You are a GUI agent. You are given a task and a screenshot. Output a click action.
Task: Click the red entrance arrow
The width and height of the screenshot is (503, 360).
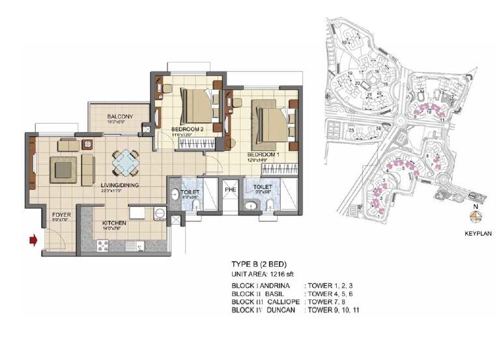tap(31, 242)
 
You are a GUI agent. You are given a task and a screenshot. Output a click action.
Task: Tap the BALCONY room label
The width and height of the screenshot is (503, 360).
tap(120, 117)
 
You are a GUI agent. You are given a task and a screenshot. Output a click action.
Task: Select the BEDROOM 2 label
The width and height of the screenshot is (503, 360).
tap(189, 129)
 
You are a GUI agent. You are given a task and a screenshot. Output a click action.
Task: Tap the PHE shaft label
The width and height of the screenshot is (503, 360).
tap(230, 189)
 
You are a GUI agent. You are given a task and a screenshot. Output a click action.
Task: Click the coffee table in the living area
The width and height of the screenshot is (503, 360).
tap(64, 170)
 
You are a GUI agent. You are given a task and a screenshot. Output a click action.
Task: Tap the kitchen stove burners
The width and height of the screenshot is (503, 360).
tap(102, 245)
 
